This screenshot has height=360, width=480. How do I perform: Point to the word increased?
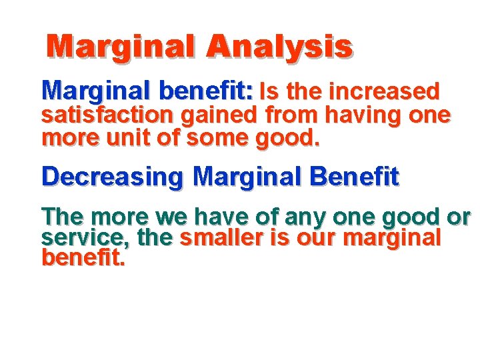385,91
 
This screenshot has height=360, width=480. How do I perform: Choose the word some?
225,140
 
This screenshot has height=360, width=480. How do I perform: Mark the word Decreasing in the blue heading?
112,177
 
